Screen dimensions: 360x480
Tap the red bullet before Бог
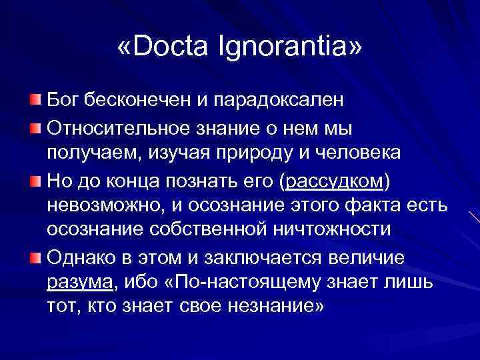[x=35, y=100]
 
